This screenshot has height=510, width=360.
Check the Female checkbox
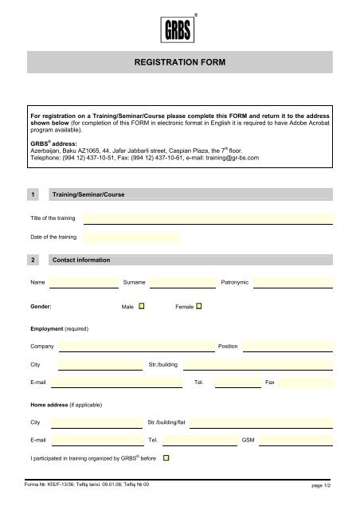pos(199,305)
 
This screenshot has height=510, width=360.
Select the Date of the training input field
pos(131,237)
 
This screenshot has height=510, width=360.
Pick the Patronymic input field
pos(292,282)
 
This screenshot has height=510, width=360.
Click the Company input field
pos(135,347)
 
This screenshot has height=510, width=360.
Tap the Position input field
pos(288,347)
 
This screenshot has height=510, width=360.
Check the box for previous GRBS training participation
pos(166,458)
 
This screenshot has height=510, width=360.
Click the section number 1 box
pos(33,194)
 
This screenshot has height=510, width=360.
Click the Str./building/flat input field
pos(261,422)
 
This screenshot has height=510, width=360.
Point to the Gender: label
pos(41,306)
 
